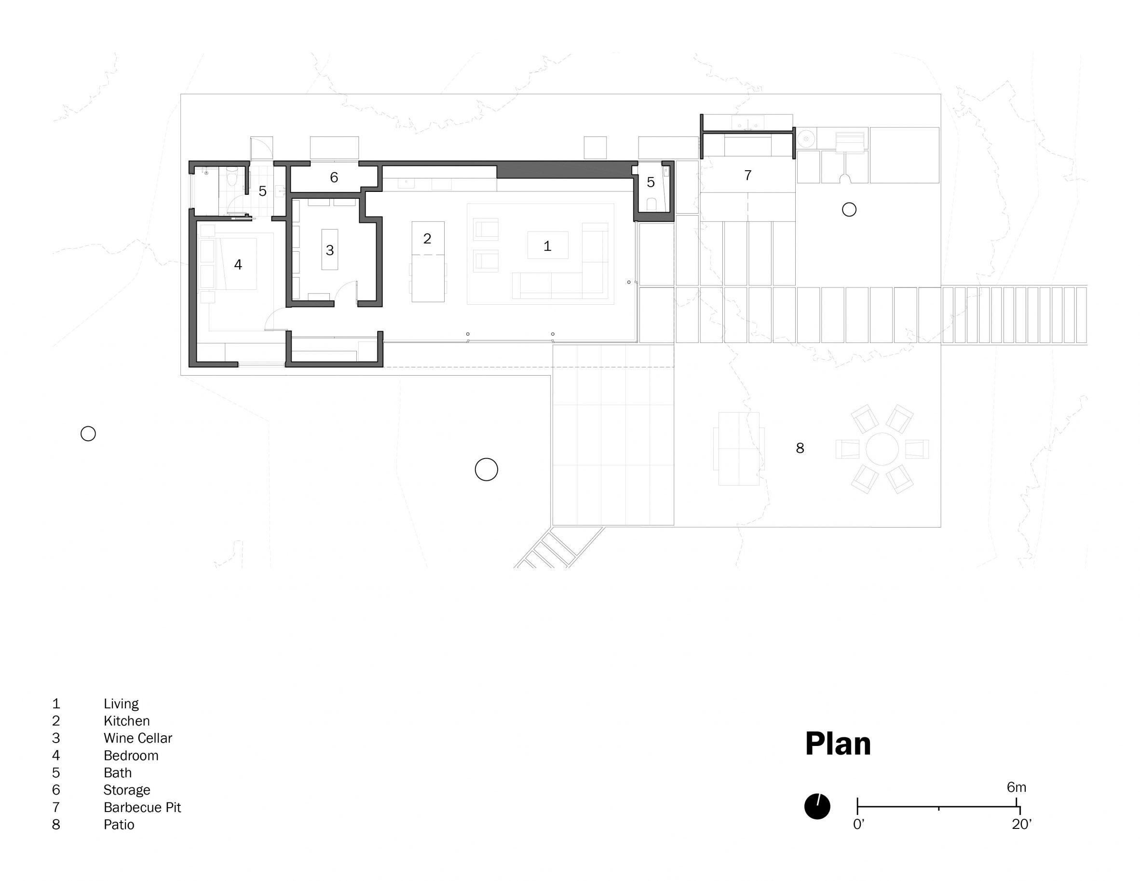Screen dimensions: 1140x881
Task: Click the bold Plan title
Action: [x=838, y=744]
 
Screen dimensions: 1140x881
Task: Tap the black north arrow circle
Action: [x=817, y=806]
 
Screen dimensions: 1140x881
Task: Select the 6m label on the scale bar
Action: [x=1016, y=787]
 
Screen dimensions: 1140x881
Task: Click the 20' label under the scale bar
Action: [x=1021, y=824]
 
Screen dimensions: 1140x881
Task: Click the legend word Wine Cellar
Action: [x=138, y=738]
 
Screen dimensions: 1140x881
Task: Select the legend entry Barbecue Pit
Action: [x=142, y=807]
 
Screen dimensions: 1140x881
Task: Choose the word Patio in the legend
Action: [x=119, y=825]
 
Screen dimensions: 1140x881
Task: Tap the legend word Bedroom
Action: [x=131, y=755]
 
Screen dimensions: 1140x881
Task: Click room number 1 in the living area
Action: [x=547, y=246]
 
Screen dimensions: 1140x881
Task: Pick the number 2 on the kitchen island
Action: [x=427, y=239]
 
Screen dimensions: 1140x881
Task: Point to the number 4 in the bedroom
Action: [x=238, y=265]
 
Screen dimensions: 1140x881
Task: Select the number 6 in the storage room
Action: [x=334, y=177]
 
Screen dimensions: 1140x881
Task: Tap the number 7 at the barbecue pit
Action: [x=747, y=176]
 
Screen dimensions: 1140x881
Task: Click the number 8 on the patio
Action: [x=800, y=448]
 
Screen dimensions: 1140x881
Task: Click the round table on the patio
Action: [x=882, y=449]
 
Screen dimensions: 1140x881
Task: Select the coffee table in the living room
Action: [x=547, y=245]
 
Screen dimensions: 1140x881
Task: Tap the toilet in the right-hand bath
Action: [x=651, y=204]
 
